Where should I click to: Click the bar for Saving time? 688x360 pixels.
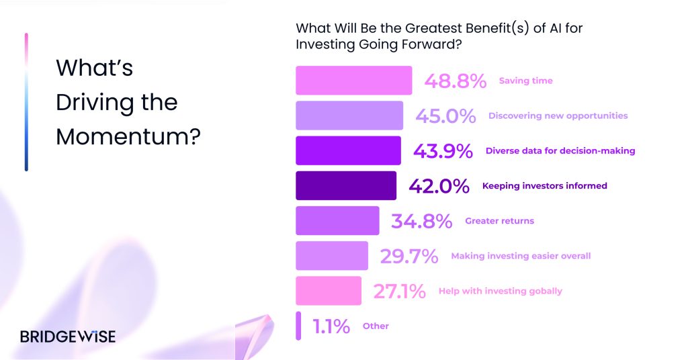353,80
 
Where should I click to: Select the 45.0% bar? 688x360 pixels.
349,116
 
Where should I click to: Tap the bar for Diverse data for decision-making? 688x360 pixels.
349,150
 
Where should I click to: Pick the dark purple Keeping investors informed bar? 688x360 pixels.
346,185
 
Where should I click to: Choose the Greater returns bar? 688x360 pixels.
337,220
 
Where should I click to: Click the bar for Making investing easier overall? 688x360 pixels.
332,256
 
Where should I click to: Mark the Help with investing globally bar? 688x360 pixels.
329,291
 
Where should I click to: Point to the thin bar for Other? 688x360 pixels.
298,326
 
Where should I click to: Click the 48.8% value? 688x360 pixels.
456,81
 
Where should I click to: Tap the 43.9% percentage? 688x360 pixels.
443,151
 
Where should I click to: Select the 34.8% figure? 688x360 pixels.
422,222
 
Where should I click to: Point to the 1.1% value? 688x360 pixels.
331,326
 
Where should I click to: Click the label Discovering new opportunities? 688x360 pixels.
558,116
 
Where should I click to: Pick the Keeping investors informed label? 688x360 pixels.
544,186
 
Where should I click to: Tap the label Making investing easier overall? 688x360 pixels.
521,256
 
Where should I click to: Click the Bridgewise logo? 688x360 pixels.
68,336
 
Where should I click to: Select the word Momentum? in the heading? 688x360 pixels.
128,136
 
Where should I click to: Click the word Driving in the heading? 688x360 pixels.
95,103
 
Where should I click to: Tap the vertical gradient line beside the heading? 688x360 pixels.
26,101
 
